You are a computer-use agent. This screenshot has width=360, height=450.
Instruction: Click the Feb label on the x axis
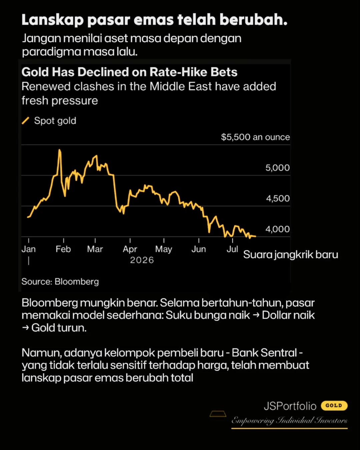click(x=63, y=249)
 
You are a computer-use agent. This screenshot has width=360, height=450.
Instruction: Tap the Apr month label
click(x=130, y=249)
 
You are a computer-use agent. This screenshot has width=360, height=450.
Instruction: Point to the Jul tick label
click(x=232, y=249)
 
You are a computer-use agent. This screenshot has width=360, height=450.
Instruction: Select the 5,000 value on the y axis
click(x=278, y=168)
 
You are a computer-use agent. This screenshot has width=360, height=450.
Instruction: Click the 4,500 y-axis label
click(x=278, y=198)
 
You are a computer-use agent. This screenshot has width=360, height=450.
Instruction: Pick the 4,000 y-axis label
click(x=278, y=229)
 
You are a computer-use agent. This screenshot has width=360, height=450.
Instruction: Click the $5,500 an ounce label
click(x=255, y=137)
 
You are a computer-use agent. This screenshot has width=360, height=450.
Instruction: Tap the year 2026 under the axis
click(x=142, y=260)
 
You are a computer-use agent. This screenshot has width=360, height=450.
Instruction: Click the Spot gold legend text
click(x=55, y=121)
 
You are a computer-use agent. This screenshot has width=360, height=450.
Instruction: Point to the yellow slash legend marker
click(x=25, y=121)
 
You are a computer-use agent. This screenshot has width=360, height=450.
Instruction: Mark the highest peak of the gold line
click(x=60, y=150)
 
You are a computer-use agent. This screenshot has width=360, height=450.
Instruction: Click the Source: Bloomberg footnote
click(x=60, y=282)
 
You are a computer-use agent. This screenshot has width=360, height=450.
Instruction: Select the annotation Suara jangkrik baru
click(x=291, y=255)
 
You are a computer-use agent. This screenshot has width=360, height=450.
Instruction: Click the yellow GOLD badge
click(x=334, y=406)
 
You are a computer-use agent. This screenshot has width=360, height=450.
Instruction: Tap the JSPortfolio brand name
click(x=290, y=406)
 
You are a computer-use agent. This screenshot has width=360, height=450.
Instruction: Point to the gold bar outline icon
click(x=218, y=414)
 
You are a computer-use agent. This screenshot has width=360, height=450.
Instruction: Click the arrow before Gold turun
click(x=25, y=327)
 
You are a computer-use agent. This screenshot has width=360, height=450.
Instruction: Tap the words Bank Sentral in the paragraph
click(x=264, y=353)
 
